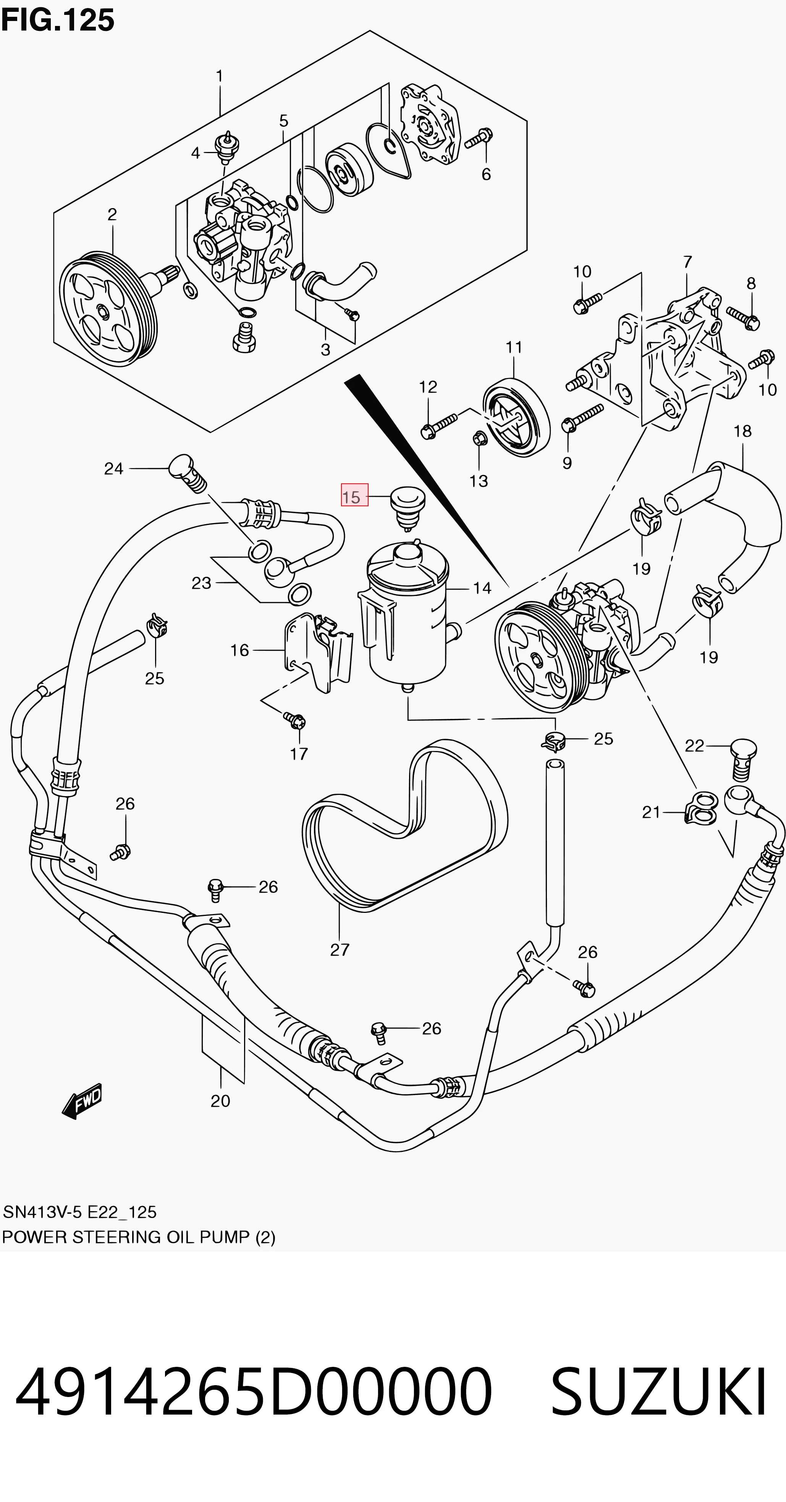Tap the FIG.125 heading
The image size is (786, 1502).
click(58, 20)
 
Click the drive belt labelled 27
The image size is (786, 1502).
click(405, 827)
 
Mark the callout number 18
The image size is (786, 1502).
click(742, 431)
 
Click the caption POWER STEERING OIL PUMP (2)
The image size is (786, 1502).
click(139, 1237)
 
